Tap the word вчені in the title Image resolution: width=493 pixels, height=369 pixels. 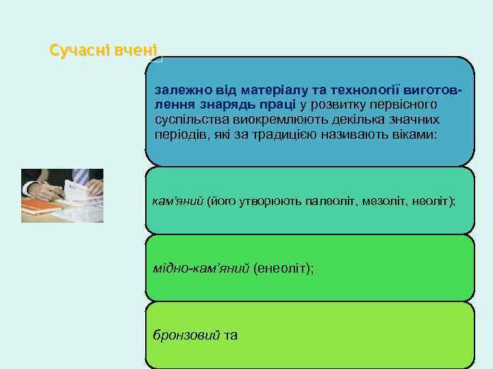136,50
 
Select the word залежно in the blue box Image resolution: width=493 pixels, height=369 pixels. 179,90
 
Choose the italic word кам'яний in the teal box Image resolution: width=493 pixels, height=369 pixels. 177,203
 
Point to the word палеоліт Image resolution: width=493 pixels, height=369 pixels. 314,203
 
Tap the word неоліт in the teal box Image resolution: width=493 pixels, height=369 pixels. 427,203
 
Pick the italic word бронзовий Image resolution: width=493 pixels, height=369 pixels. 186,336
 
